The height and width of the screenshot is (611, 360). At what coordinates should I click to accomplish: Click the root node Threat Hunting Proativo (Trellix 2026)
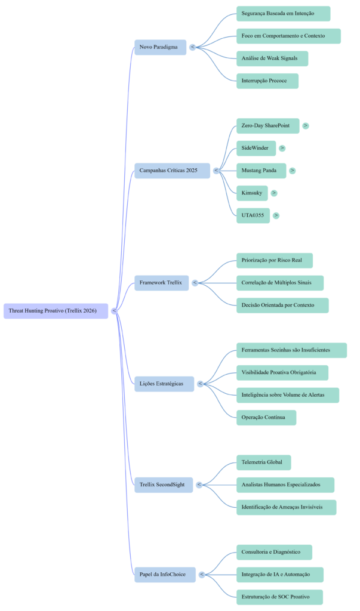click(x=56, y=311)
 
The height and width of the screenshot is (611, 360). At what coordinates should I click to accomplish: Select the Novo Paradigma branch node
click(x=160, y=47)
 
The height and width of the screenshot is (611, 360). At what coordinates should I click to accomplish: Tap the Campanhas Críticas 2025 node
click(x=172, y=171)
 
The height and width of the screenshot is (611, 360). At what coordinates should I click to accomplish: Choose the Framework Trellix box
click(x=161, y=283)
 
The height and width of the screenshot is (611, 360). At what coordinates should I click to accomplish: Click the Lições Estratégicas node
click(x=164, y=384)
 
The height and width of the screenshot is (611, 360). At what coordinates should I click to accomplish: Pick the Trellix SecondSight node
click(x=163, y=485)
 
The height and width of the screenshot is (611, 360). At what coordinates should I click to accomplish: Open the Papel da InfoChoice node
click(x=164, y=575)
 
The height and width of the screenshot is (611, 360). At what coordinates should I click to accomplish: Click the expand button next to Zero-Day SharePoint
click(x=306, y=126)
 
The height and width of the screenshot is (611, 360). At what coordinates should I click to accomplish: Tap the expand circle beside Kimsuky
click(x=274, y=193)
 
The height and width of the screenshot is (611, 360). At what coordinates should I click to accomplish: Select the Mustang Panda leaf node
click(x=260, y=171)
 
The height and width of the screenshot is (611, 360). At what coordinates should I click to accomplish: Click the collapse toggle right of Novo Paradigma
click(x=192, y=47)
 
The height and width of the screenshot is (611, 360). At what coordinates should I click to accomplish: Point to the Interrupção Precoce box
click(x=267, y=81)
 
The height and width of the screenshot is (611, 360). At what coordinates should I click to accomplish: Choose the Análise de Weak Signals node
click(x=272, y=58)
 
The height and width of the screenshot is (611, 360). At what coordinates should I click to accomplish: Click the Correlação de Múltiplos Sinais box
click(x=279, y=283)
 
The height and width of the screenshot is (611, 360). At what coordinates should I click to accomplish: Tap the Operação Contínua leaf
click(x=266, y=418)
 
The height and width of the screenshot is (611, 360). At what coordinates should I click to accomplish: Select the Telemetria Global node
click(x=263, y=462)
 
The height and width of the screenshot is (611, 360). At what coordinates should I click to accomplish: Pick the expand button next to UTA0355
click(x=276, y=215)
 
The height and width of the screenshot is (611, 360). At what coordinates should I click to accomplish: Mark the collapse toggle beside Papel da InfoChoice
click(x=202, y=575)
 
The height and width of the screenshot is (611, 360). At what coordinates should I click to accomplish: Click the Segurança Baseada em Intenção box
click(x=283, y=14)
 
